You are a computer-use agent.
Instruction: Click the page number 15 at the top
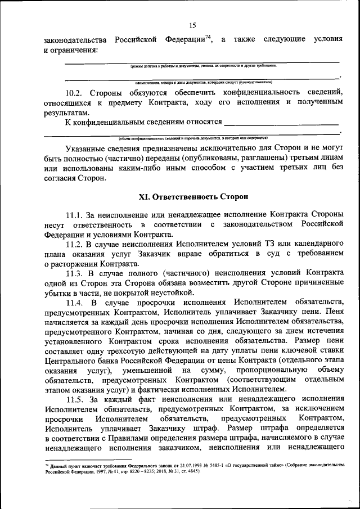pyautogui.click(x=192, y=25)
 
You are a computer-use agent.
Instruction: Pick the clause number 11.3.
pyautogui.click(x=75, y=273)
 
